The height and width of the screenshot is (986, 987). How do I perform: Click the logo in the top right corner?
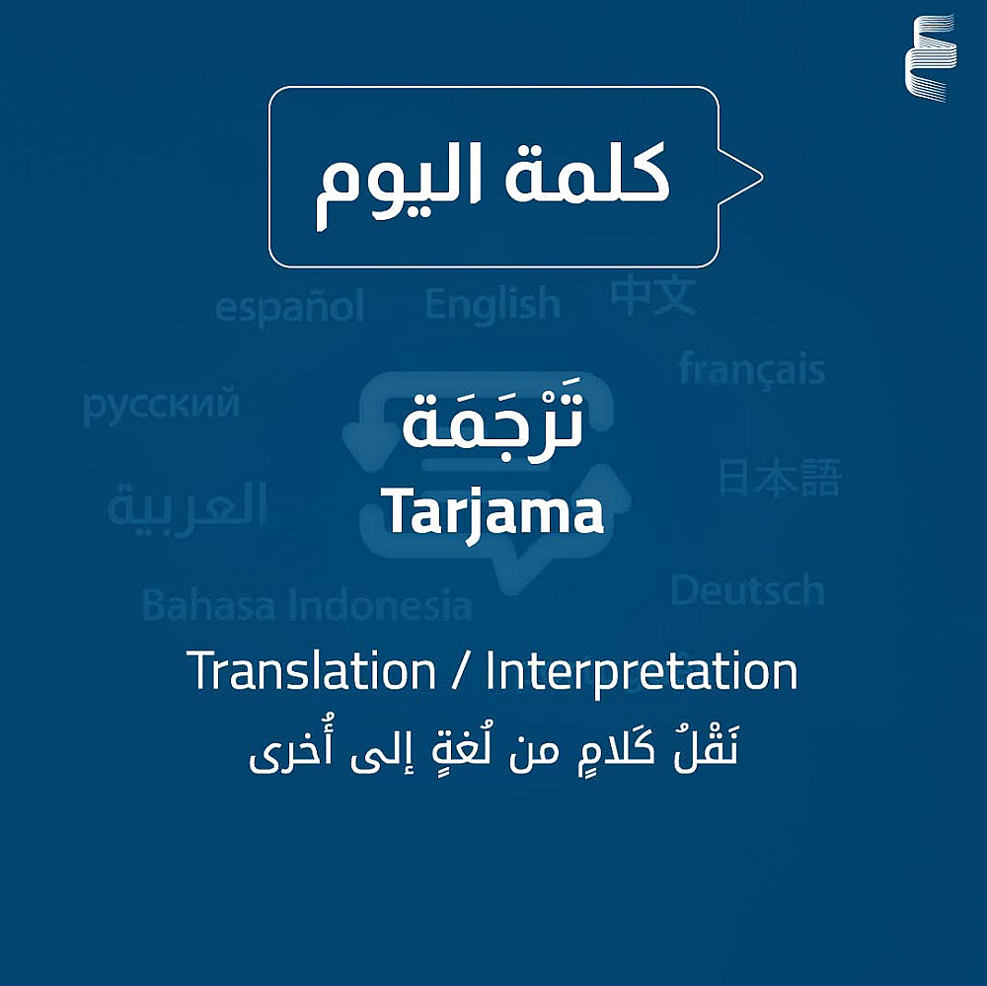click(931, 58)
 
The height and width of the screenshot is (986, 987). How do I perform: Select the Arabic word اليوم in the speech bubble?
click(399, 185)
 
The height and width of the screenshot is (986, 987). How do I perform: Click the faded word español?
click(289, 308)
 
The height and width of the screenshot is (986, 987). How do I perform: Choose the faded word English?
click(493, 305)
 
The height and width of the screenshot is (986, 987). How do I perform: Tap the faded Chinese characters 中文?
click(653, 296)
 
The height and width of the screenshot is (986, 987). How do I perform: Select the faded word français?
click(752, 369)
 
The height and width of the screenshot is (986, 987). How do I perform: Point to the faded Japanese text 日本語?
click(781, 478)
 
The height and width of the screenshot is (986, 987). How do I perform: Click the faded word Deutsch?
click(748, 590)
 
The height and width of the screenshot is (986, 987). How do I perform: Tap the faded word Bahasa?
click(209, 605)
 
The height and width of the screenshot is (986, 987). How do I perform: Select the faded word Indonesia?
click(380, 605)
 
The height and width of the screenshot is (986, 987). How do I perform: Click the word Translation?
click(311, 671)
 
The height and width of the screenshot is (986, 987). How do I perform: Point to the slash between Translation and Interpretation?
click(461, 672)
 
